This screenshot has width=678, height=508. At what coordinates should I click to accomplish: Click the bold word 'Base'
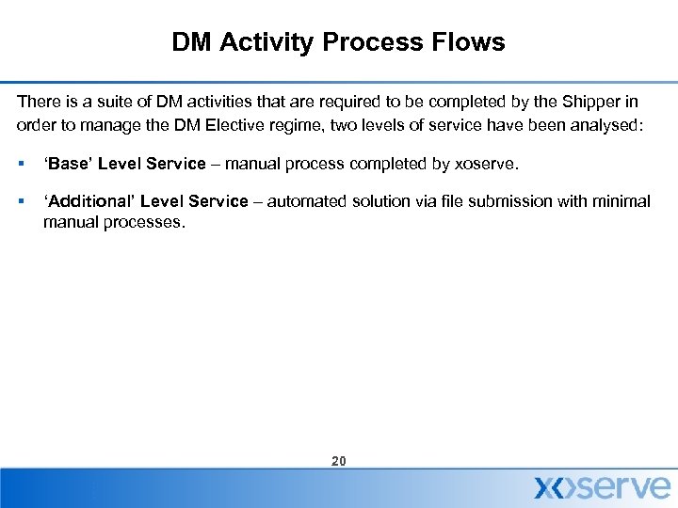(68, 164)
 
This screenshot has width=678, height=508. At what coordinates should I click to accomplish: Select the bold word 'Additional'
(88, 201)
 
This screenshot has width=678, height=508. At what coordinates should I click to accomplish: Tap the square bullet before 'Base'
(21, 165)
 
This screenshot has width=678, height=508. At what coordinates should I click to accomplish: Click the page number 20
(339, 461)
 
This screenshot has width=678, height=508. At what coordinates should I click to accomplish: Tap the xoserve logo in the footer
(603, 487)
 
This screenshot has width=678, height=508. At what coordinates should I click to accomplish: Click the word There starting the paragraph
(38, 103)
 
